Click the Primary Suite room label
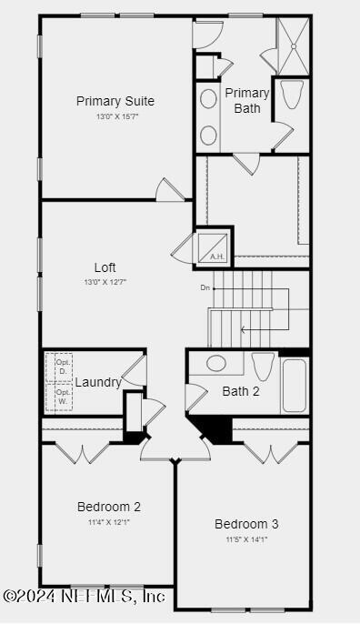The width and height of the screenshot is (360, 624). coord(115,101)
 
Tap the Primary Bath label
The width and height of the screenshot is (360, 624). coord(247,100)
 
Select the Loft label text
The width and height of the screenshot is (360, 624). coord(105,267)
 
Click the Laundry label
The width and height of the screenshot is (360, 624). coord(97,382)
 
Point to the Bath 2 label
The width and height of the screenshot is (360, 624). coord(241,392)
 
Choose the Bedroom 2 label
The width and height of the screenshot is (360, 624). coord(108,507)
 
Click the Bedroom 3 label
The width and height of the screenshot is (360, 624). coord(246,524)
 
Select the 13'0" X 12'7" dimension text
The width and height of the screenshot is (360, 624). coord(105,282)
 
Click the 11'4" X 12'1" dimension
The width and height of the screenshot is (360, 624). coord(108,522)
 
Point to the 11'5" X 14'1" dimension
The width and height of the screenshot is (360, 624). coord(246,539)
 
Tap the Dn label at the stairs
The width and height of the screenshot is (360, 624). coord(205,288)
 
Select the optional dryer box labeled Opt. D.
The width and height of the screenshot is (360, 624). coord(61,367)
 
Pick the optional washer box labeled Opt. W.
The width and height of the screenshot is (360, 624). coord(61,397)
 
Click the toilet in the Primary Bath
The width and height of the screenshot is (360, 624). coord(292,95)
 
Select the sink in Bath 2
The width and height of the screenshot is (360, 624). coord(216,364)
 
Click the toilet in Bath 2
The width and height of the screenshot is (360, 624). coord(263,367)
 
